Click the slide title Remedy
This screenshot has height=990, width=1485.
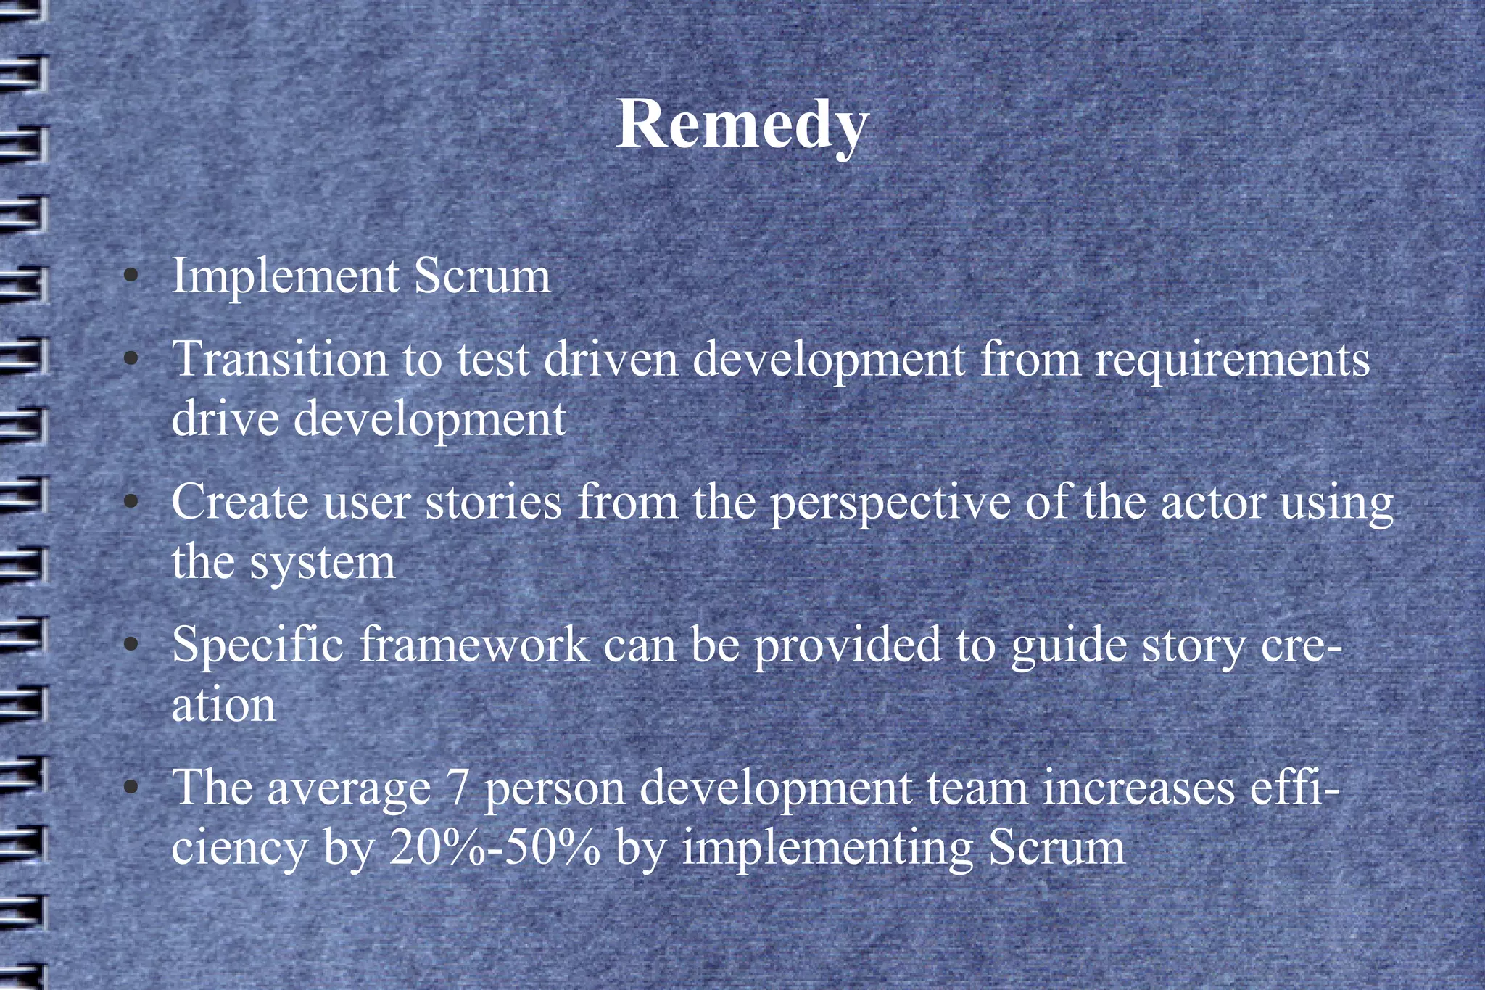(742, 125)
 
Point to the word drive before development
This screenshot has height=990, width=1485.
(225, 419)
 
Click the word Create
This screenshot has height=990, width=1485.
(240, 502)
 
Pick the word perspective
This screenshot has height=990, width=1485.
(890, 503)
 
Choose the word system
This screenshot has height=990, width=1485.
(323, 563)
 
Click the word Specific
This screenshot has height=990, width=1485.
(257, 645)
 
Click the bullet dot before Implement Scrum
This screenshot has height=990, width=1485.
(131, 276)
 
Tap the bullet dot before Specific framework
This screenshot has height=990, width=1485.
(131, 644)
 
